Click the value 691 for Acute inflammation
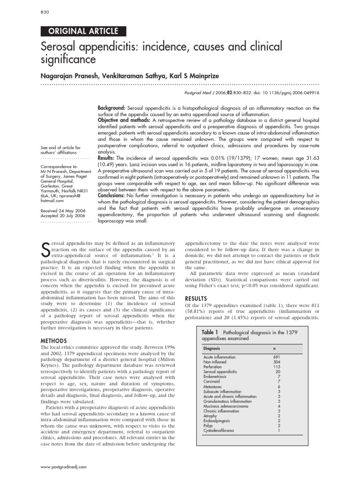pyautogui.click(x=276, y=357)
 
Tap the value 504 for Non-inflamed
pyautogui.click(x=276, y=362)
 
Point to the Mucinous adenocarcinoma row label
pyautogui.click(x=226, y=406)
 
